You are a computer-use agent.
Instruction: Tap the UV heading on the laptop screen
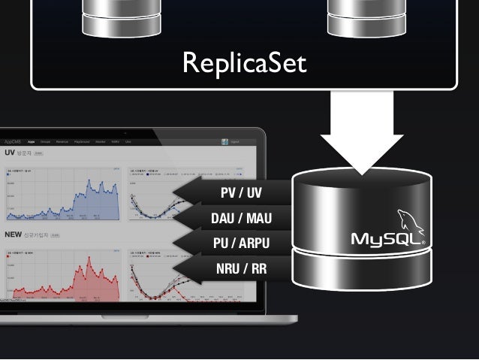pos(11,152)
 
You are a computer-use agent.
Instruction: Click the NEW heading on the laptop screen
pos(13,234)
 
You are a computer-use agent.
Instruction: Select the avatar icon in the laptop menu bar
pos(225,141)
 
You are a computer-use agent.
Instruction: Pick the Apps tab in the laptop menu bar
pos(32,141)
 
